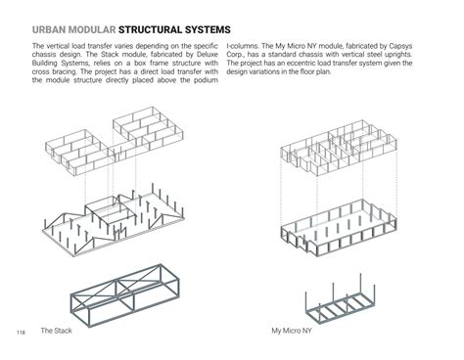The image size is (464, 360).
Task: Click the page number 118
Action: coord(21,333)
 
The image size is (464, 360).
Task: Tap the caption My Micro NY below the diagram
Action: coord(292,331)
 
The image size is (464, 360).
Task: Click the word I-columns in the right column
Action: coord(244,46)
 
